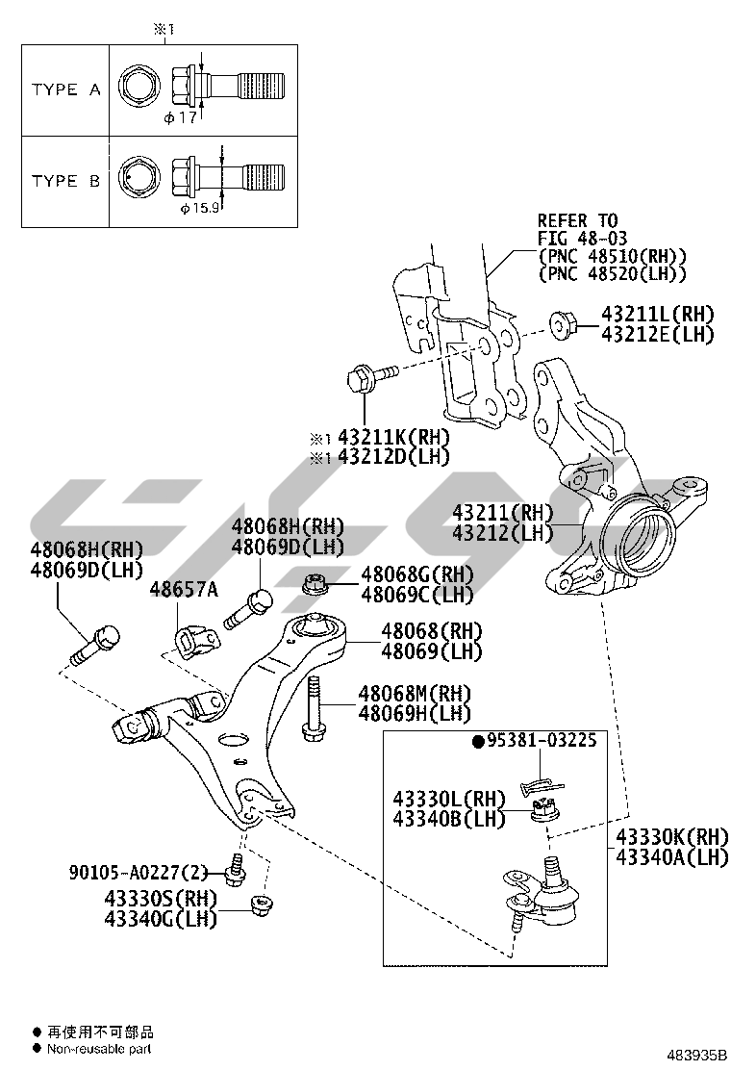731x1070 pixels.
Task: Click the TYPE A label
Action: pos(65,89)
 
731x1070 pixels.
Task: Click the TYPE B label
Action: pos(65,180)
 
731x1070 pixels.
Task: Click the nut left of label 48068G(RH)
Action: pos(315,582)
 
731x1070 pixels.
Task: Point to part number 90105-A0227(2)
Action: pos(139,873)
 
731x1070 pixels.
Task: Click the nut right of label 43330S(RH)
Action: pos(258,905)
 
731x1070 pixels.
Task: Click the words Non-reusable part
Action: pos(96,1049)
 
